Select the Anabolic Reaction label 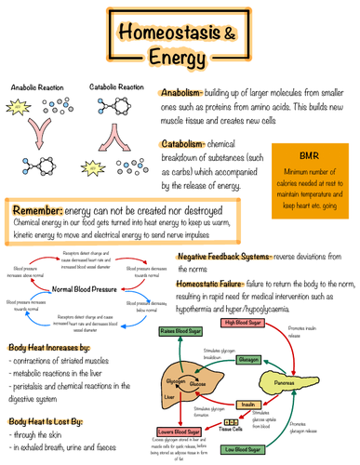pos(37,86)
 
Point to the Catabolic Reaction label pos(116,86)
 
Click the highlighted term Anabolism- pos(189,94)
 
